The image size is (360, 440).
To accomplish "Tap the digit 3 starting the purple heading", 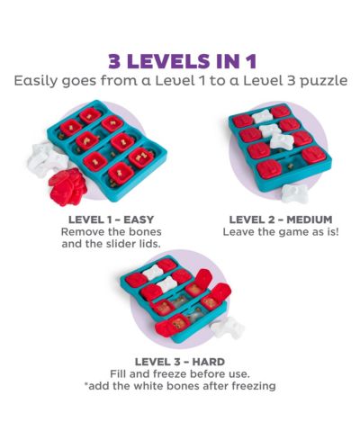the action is click(114, 61).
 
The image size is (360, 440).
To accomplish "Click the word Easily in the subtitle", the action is click(35, 81).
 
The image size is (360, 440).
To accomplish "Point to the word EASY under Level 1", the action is click(139, 220).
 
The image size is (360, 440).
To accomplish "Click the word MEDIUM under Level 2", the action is click(309, 220).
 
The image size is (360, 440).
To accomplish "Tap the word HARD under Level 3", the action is click(209, 362).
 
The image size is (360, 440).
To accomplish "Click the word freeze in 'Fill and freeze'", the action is click(169, 374).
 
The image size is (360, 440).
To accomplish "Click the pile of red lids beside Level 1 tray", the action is click(67, 187).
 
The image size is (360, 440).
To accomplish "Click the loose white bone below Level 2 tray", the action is click(294, 193).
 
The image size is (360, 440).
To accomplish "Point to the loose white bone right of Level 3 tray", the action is click(228, 328).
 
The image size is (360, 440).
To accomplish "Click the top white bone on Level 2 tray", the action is click(262, 117).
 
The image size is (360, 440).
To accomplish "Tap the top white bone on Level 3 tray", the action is click(153, 272).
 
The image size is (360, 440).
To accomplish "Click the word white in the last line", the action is click(148, 386).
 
